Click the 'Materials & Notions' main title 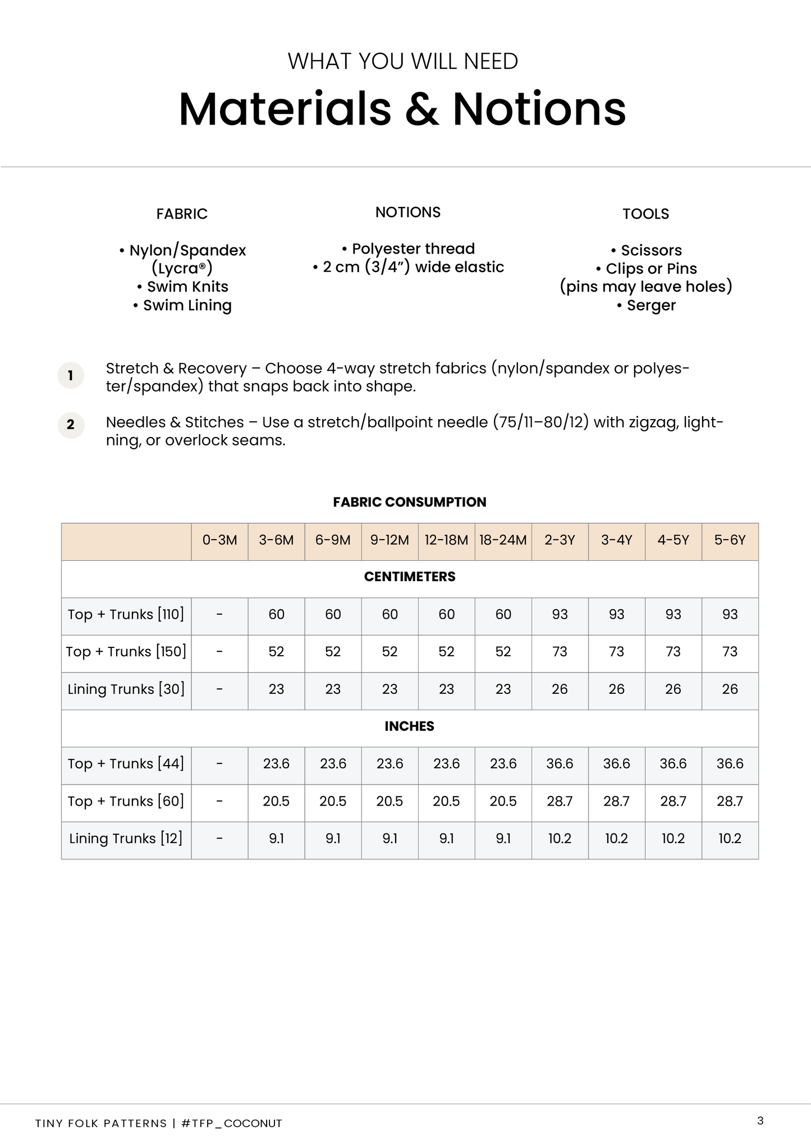[x=402, y=109]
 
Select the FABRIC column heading [x=182, y=214]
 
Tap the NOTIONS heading [x=408, y=212]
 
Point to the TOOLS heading [x=645, y=214]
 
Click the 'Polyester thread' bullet [x=409, y=248]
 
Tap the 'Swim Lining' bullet [x=182, y=305]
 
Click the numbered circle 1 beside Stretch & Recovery [x=71, y=375]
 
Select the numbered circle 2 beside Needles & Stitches [x=71, y=425]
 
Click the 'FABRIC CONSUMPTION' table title [x=410, y=502]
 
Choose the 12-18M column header [x=446, y=540]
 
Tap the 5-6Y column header [x=730, y=540]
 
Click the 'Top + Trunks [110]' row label [x=126, y=614]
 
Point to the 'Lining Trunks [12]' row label [x=126, y=839]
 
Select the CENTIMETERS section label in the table [x=410, y=577]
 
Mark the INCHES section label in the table [x=410, y=726]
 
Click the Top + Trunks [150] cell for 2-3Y [x=560, y=652]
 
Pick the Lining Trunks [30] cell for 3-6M [x=276, y=689]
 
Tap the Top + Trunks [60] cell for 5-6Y [x=730, y=801]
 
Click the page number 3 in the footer [x=760, y=1121]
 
